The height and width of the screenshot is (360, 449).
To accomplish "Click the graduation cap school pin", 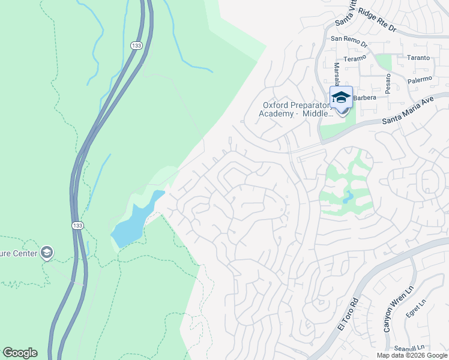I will tap(341, 98).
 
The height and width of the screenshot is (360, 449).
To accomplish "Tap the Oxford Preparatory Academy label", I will tap(296, 109).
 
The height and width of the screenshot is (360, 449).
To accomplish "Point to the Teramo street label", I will tap(355, 58).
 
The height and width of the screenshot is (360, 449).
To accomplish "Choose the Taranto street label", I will tap(418, 58).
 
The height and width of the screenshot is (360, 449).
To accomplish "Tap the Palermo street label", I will tap(419, 79).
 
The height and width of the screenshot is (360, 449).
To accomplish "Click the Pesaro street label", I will tap(389, 81).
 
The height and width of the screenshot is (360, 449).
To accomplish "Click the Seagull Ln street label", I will tap(408, 347).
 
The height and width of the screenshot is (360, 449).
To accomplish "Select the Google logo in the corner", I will tap(20, 353).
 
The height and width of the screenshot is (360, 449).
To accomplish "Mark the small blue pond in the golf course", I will tap(349, 196).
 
